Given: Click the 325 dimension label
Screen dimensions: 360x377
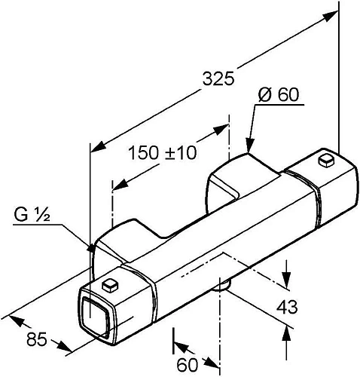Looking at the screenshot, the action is (x=218, y=78).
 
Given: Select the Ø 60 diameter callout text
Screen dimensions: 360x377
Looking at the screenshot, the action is (x=279, y=95).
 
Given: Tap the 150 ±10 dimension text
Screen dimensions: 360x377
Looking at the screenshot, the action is (x=163, y=153).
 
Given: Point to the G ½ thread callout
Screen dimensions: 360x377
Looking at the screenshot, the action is (x=32, y=216).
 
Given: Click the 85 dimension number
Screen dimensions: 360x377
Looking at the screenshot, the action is (x=37, y=339).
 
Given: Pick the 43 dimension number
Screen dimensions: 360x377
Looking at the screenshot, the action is (x=287, y=307).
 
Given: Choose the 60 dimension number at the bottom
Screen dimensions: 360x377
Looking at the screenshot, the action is (x=188, y=365).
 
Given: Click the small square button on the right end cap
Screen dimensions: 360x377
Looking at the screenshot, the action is (x=326, y=161).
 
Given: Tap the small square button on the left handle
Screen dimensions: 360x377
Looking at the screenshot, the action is (x=111, y=285).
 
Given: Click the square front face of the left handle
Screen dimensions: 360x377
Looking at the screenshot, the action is (x=96, y=316).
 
